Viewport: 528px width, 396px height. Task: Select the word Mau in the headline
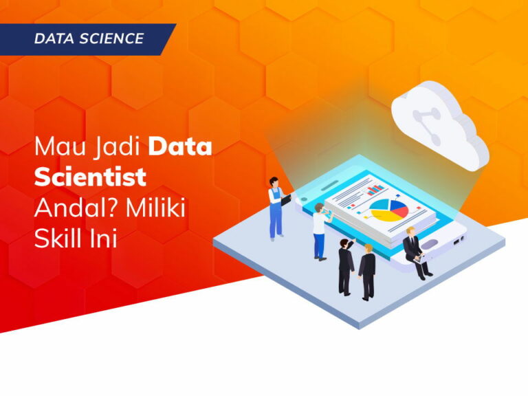coord(53,147)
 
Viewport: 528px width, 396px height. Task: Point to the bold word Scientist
coord(90,177)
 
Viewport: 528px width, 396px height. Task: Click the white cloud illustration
coord(440,124)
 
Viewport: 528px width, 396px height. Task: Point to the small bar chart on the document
coord(375,186)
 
